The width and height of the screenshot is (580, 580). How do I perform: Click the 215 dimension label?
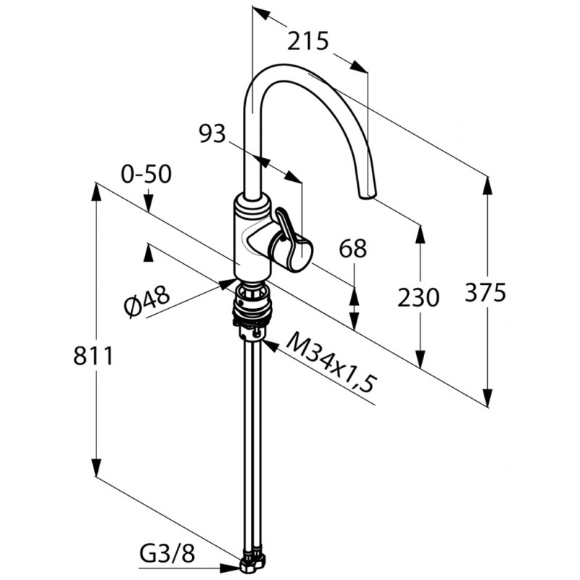(x=307, y=41)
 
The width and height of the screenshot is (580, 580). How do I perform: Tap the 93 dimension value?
(x=212, y=133)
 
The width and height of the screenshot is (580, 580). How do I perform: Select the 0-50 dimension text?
(x=146, y=174)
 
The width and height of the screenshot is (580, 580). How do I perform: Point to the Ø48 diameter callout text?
(x=147, y=301)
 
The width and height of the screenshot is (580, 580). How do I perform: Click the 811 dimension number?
(x=93, y=356)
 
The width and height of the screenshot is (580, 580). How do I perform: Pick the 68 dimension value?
(x=352, y=248)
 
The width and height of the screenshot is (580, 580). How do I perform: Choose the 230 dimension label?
(x=418, y=297)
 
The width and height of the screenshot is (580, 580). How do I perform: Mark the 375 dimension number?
(x=485, y=292)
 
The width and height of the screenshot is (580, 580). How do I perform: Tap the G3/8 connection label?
(x=167, y=554)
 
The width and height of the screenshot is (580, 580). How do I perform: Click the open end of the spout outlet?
(x=368, y=196)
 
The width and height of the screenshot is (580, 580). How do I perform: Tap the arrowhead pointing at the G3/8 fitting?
(x=230, y=568)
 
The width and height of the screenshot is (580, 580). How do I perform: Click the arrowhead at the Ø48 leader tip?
(x=227, y=284)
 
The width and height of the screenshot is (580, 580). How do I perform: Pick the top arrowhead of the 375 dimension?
(x=488, y=187)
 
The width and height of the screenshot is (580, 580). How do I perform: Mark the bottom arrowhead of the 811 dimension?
(x=96, y=467)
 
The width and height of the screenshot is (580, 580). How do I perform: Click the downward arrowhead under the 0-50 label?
(x=148, y=204)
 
